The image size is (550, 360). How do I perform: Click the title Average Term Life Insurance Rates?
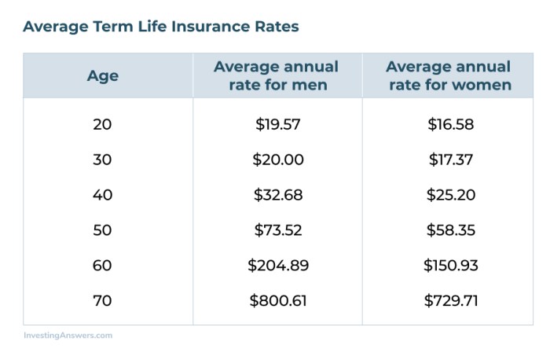[x=161, y=27]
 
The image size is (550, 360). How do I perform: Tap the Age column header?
[x=102, y=76]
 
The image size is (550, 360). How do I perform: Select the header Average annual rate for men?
[x=277, y=75]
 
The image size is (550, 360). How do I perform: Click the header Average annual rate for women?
[x=449, y=75]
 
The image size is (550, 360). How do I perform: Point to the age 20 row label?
[x=102, y=124]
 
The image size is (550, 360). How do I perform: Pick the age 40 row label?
[x=102, y=195]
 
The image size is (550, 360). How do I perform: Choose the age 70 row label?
[x=102, y=301]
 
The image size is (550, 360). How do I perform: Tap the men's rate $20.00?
[x=278, y=160]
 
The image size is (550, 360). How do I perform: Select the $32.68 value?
[x=278, y=195]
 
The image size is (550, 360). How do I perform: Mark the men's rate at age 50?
[x=278, y=230]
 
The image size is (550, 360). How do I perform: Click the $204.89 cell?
[x=278, y=266]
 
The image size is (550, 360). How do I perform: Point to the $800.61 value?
[x=278, y=301]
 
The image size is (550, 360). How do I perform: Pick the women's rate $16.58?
[x=451, y=124]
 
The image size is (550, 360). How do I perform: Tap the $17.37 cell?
[x=451, y=160]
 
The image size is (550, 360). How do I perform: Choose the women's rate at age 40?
[x=451, y=195]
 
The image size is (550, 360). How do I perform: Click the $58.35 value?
[x=451, y=230]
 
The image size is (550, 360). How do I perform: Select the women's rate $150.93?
[x=451, y=266]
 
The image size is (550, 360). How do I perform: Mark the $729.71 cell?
[x=451, y=301]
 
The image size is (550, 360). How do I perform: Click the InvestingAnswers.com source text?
[x=68, y=336]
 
